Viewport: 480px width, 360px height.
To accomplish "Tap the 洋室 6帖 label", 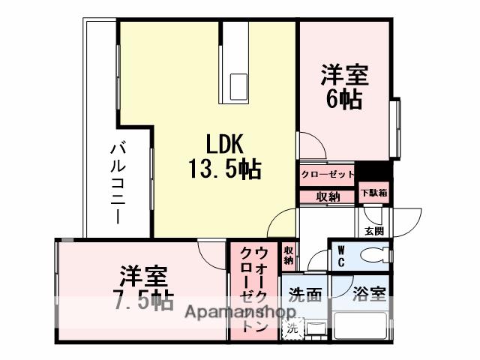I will [344, 87].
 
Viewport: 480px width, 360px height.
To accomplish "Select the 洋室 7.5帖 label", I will [142, 288].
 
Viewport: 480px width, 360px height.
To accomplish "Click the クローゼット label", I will [327, 175].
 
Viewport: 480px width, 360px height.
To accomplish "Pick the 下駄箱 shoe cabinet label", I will [373, 193].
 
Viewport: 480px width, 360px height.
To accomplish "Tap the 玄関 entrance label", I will [372, 230].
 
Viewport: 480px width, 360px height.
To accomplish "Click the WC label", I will [340, 255].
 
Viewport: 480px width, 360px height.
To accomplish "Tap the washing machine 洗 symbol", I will [293, 328].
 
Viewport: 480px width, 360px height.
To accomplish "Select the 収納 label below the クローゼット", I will [327, 196].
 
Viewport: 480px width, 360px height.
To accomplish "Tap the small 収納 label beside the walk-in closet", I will [289, 255].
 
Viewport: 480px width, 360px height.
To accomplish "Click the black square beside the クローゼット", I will [364, 172].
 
